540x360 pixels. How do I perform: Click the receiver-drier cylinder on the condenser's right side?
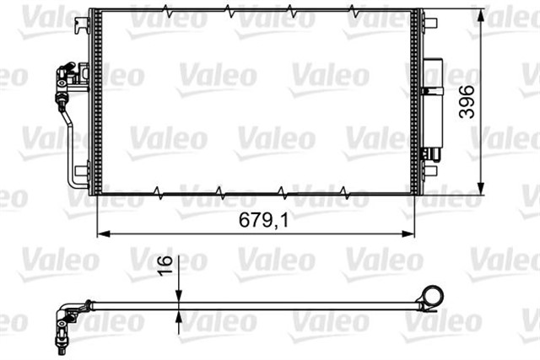(435, 105)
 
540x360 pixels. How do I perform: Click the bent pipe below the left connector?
(73, 152)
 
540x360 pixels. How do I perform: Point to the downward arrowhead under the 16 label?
(178, 295)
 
